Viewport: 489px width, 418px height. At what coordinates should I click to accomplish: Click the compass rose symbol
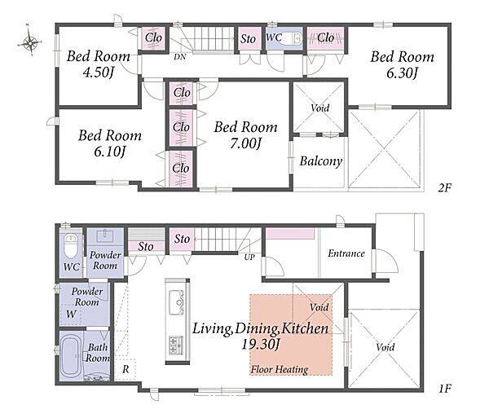30,42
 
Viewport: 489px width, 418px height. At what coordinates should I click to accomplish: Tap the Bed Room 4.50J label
99,64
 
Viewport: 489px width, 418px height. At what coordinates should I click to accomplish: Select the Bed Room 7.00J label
245,134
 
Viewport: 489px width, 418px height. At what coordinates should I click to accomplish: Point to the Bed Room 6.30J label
402,65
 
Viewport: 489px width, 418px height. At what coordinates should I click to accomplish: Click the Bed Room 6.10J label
110,143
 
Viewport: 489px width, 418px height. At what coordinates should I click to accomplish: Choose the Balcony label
321,161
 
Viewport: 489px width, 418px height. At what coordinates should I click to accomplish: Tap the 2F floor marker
445,188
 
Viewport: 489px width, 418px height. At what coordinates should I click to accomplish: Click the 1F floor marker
445,389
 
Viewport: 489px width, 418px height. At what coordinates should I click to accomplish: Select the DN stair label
180,57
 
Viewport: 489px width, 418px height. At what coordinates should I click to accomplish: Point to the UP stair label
249,257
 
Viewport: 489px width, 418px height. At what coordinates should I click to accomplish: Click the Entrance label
346,253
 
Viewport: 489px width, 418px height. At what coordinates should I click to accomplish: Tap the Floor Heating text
280,370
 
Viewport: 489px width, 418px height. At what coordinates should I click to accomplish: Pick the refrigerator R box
125,369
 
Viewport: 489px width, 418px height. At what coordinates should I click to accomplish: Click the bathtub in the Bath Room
71,356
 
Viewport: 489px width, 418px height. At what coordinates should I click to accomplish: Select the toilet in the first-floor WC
70,246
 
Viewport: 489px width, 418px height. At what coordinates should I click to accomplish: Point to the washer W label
71,314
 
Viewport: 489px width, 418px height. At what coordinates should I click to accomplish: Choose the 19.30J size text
261,345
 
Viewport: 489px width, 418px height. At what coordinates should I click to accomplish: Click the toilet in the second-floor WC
295,38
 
